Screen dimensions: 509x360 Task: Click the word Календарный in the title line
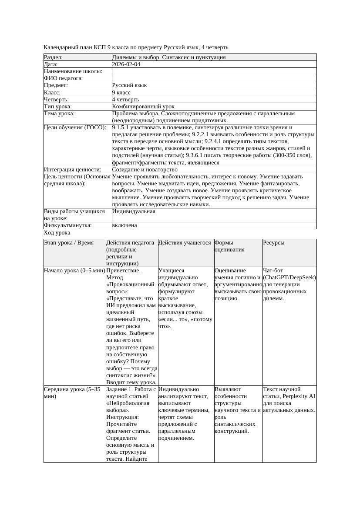tap(59, 47)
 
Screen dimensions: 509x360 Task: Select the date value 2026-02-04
tap(126, 64)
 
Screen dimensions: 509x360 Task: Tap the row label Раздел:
tap(54, 57)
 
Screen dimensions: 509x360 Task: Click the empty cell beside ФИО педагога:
tap(213, 78)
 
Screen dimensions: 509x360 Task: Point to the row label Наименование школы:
tap(73, 71)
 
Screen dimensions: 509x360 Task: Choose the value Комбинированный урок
tap(143, 106)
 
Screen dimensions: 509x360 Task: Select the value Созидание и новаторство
tap(145, 169)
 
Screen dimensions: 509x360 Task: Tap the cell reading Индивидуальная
tap(134, 211)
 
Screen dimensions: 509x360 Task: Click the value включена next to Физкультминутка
tap(124, 225)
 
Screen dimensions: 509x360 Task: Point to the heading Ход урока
tap(57, 233)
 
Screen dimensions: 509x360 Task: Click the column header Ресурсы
tap(274, 243)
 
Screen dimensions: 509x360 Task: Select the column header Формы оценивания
tap(230, 246)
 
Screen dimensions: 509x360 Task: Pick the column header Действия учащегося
tap(185, 243)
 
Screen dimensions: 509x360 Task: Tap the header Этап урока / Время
tap(69, 243)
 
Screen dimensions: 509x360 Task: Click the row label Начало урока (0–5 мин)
tap(74, 271)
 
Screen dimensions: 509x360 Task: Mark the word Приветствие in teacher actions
tap(123, 271)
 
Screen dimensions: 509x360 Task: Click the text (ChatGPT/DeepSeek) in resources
tap(289, 278)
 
